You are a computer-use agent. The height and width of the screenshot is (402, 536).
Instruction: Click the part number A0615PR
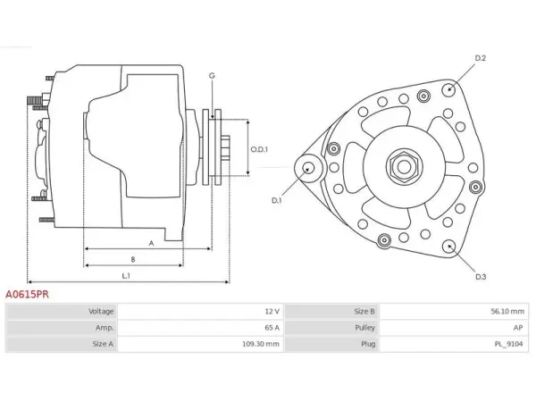coord(27,294)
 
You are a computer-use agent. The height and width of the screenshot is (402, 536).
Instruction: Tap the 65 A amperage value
coord(272,328)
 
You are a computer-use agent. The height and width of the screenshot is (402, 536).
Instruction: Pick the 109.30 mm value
coord(261,344)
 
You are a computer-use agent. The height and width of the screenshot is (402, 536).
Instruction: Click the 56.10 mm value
coord(507,312)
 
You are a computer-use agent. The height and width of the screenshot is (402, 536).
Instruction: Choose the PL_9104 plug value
coord(508,344)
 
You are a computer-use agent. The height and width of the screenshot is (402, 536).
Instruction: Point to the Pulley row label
coord(364,328)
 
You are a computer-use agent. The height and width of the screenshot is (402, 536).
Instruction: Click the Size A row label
coord(103,344)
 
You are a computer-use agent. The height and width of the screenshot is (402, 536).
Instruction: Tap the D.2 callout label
coord(481,58)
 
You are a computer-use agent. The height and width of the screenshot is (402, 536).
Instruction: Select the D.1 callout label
coord(277,200)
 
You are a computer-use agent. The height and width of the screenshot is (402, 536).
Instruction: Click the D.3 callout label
coord(481,277)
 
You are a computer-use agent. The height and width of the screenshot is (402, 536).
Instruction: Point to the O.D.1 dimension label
coord(259,149)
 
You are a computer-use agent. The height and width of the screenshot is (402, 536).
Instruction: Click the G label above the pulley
coord(212,76)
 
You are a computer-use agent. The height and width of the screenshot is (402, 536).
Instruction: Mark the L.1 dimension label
coord(126,275)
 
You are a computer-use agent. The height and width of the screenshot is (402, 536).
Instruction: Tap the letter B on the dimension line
coord(133,259)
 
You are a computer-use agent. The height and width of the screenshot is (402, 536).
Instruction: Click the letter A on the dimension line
coord(152,243)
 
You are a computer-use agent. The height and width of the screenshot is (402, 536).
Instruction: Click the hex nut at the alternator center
coord(405,167)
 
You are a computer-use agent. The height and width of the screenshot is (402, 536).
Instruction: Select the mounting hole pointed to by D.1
coord(309,168)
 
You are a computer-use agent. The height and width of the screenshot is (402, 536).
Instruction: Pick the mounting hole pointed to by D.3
coord(449,247)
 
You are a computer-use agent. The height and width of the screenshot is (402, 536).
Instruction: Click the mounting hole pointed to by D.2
coord(449,89)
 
